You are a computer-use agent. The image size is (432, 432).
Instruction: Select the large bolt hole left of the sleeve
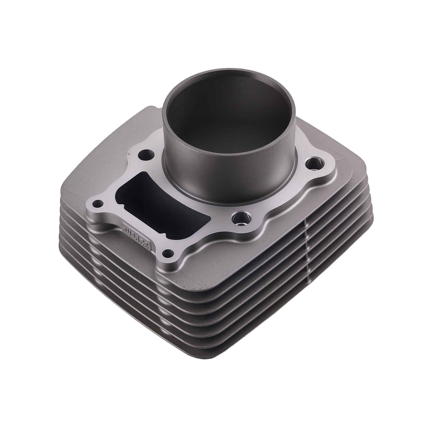click(x=146, y=156)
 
